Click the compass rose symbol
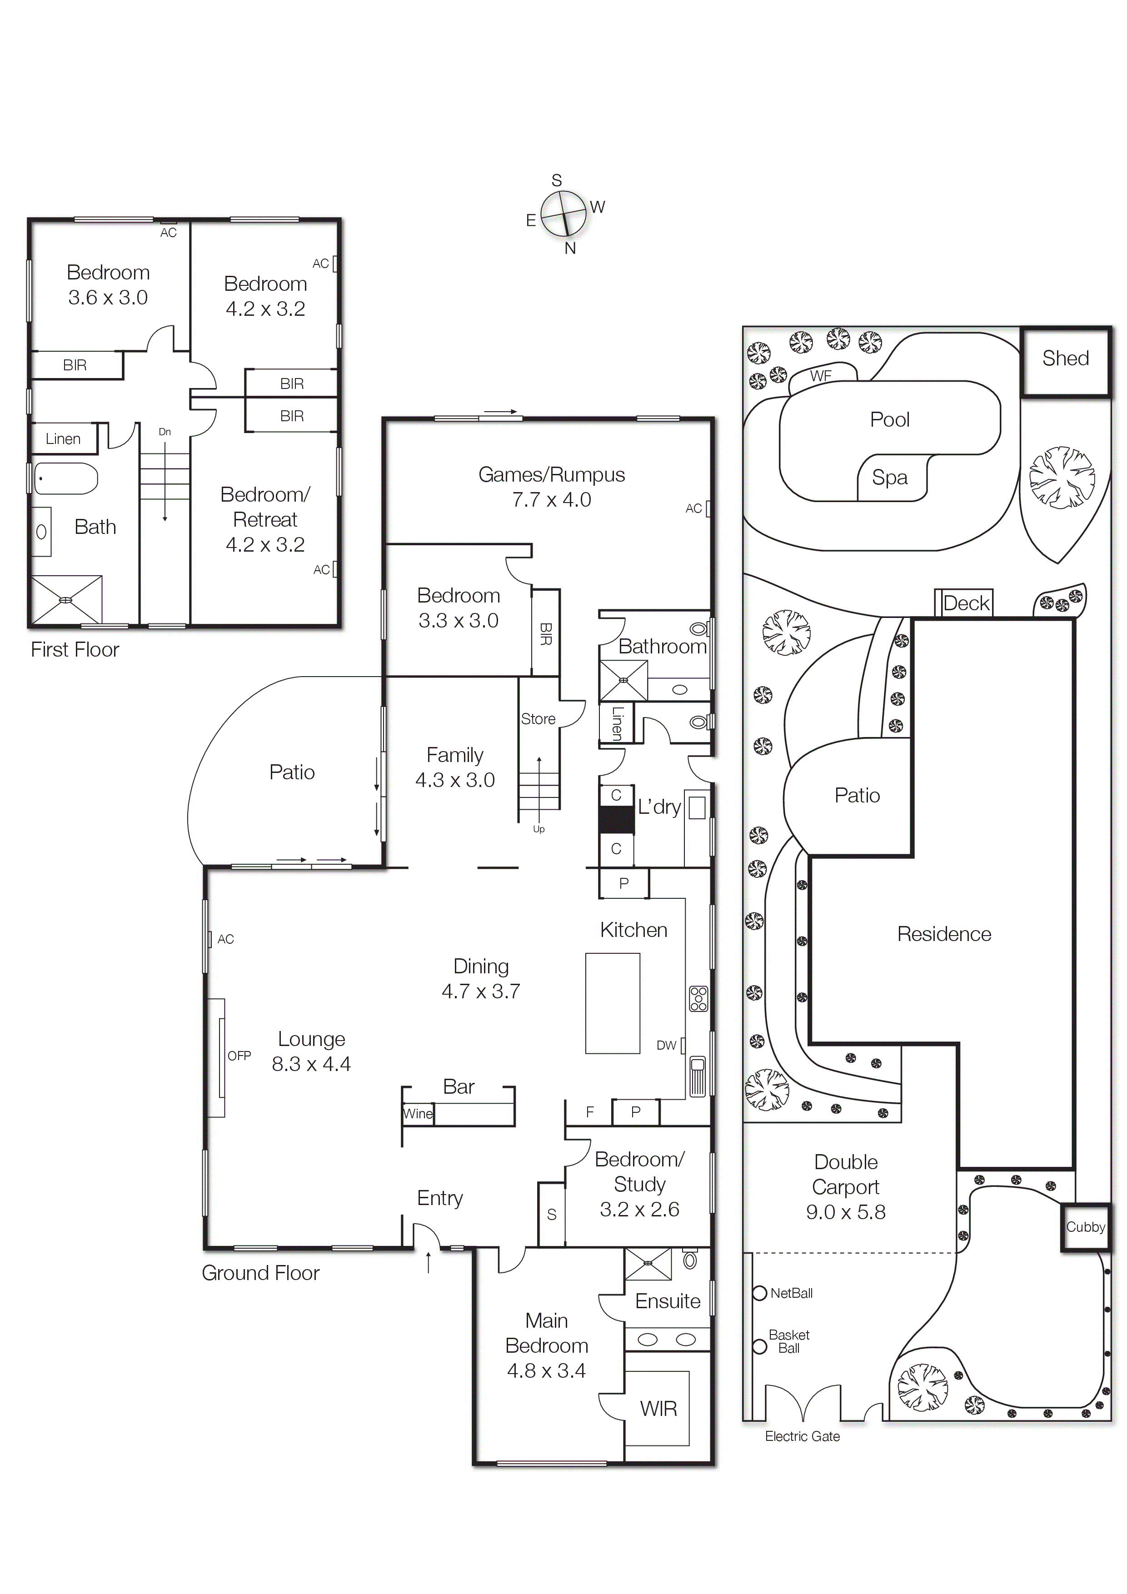pyautogui.click(x=563, y=214)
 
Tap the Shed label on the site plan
pyautogui.click(x=1065, y=358)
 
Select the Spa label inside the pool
pyautogui.click(x=889, y=478)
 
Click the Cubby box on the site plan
pyautogui.click(x=1085, y=1227)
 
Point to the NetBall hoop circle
pyautogui.click(x=760, y=1293)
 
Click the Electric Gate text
pyautogui.click(x=802, y=1436)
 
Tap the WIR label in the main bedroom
pyautogui.click(x=658, y=1409)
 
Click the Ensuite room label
pyautogui.click(x=667, y=1301)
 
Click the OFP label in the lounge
pyautogui.click(x=239, y=1055)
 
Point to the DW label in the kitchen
pyautogui.click(x=666, y=1045)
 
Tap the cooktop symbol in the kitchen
pyautogui.click(x=698, y=998)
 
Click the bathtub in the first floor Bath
pyautogui.click(x=66, y=478)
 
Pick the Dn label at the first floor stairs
pyautogui.click(x=165, y=432)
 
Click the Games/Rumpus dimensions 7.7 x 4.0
pyautogui.click(x=551, y=500)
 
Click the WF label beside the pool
pyautogui.click(x=820, y=376)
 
